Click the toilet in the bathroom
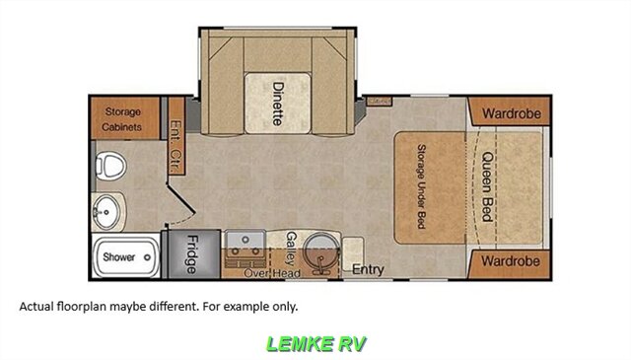110,166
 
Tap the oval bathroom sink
106,212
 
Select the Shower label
118,256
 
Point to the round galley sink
321,252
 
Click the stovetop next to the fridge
245,249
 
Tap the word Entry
368,269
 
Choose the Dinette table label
278,104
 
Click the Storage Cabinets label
122,119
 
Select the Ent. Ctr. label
176,147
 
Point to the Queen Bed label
488,186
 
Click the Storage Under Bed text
421,186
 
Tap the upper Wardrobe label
512,113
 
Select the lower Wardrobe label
511,261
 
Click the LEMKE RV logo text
316,344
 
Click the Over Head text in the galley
272,273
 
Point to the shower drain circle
147,257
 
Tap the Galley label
292,249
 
